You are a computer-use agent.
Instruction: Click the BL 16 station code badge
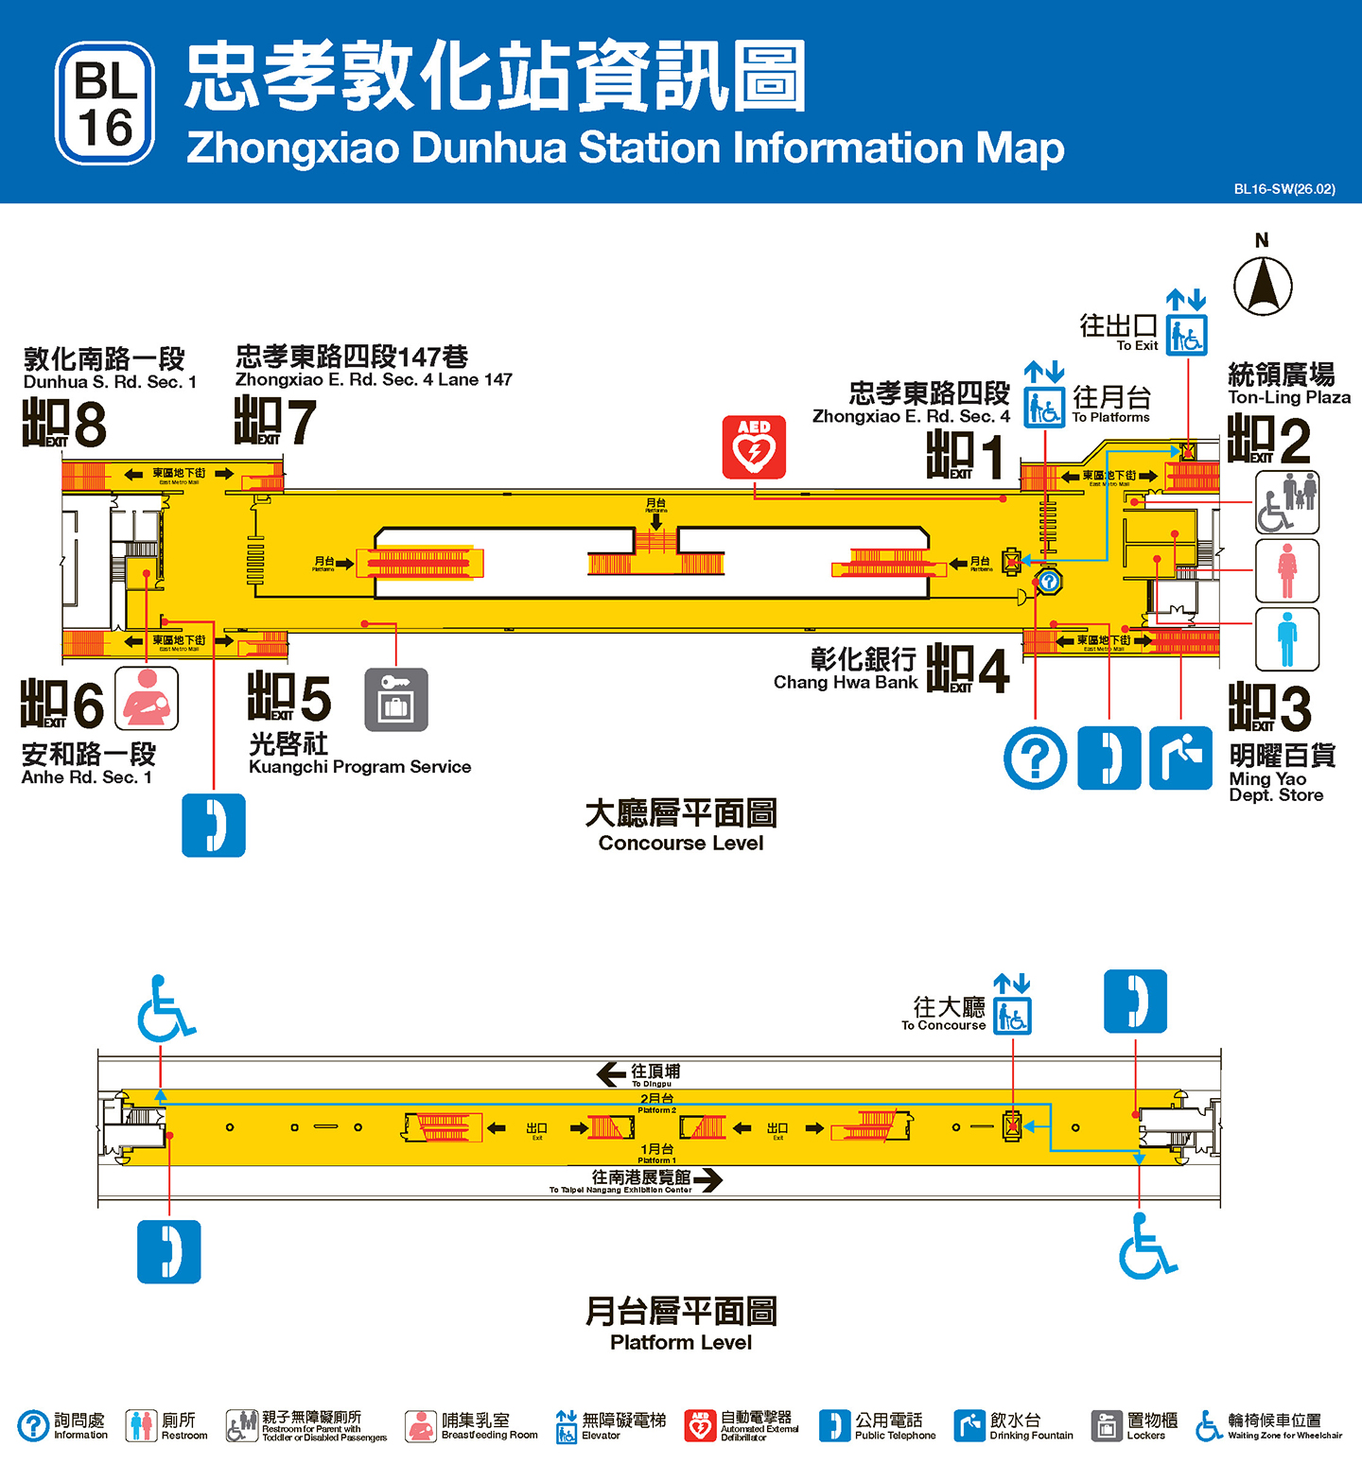[x=105, y=103]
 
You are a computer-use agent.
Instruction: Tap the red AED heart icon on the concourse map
[x=754, y=446]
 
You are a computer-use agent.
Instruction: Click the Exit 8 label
[x=64, y=423]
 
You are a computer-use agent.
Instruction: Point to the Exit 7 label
[x=275, y=421]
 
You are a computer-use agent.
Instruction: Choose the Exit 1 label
[x=965, y=455]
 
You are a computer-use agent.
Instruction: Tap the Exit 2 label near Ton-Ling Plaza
[x=1268, y=440]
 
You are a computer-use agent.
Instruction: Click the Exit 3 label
[x=1269, y=707]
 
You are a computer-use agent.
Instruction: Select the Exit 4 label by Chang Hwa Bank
[x=968, y=670]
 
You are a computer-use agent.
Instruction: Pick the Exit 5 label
[x=288, y=698]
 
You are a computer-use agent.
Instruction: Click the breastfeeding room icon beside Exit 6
[x=147, y=698]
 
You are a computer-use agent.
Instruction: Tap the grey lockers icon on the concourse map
[x=396, y=700]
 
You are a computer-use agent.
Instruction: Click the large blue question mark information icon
[x=1036, y=758]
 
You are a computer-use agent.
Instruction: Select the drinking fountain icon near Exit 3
[x=1180, y=758]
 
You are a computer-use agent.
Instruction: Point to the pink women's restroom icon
[x=1286, y=570]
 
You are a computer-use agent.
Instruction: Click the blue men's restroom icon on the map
[x=1286, y=639]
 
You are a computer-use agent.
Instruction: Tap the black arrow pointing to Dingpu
[x=611, y=1073]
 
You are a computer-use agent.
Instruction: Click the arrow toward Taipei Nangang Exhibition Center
[x=707, y=1179]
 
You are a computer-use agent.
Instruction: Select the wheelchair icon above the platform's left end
[x=165, y=1009]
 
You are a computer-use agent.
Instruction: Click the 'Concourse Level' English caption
[x=681, y=843]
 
